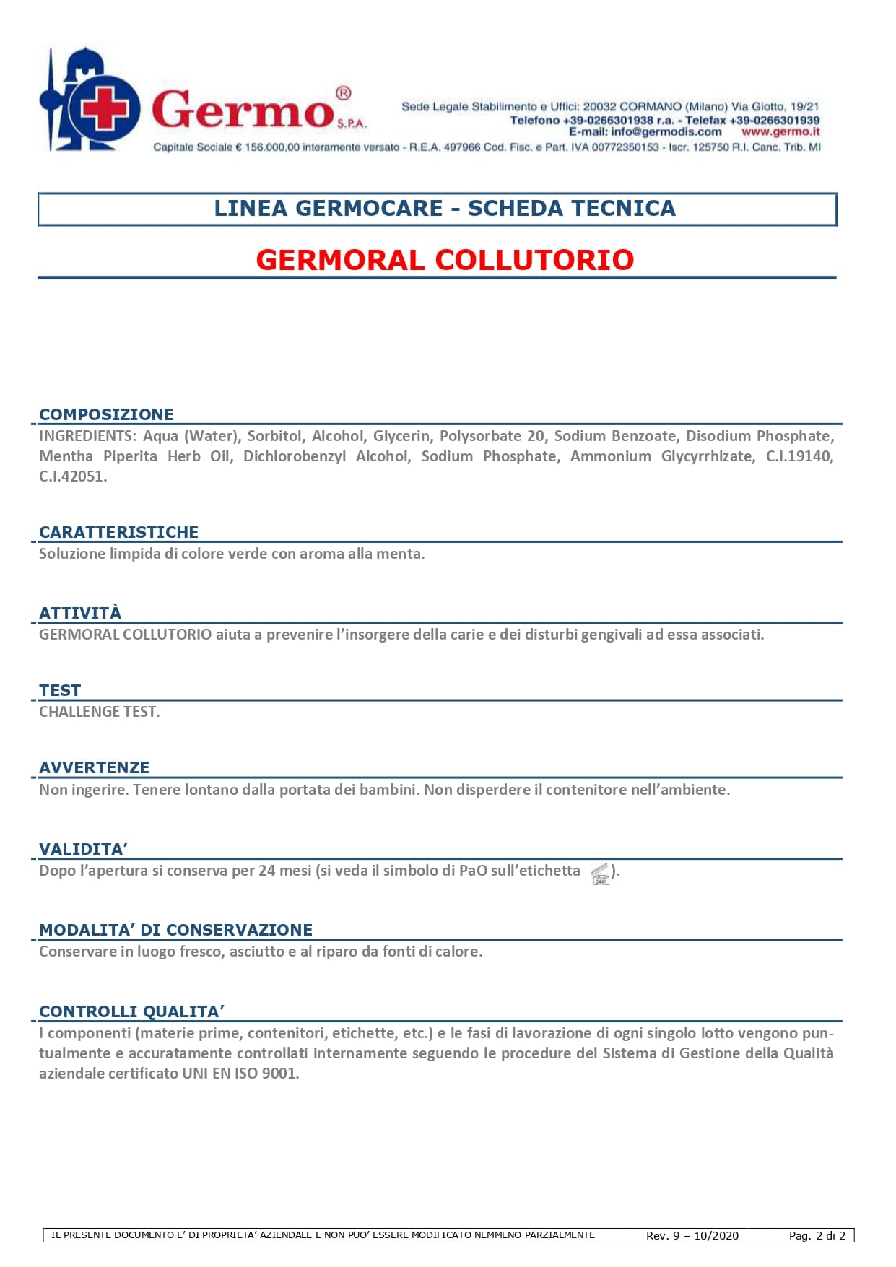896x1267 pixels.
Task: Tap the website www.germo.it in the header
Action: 780,132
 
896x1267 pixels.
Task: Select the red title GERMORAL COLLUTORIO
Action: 445,260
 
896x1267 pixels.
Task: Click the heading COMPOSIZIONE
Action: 106,414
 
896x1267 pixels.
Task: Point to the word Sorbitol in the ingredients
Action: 274,436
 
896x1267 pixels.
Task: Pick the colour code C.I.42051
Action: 73,476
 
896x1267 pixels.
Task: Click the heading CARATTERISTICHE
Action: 118,532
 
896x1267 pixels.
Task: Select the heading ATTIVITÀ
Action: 80,613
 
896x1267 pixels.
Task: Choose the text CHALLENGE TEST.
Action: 100,712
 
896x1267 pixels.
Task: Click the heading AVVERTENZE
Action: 94,767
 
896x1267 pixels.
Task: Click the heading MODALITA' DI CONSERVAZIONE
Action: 175,930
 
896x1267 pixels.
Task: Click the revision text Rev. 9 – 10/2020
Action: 692,1235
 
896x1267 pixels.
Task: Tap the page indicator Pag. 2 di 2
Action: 817,1235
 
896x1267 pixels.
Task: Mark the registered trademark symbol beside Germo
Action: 344,93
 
